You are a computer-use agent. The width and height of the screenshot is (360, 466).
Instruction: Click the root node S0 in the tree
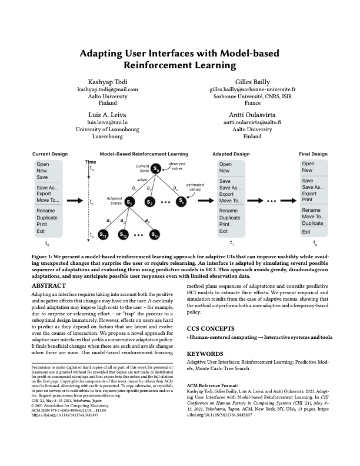(x=156, y=169)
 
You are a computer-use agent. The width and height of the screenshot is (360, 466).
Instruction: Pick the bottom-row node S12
(x=124, y=235)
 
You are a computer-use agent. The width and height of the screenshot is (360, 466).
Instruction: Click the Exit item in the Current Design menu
(x=42, y=231)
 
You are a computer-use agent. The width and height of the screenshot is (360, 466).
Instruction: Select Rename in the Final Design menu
(x=311, y=210)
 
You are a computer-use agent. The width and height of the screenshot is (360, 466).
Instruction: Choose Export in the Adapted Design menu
(x=226, y=194)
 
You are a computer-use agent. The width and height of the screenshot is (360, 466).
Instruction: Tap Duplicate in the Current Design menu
(x=48, y=217)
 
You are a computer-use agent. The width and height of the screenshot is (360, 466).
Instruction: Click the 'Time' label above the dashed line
(x=90, y=161)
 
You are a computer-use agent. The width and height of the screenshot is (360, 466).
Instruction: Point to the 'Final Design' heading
(x=313, y=154)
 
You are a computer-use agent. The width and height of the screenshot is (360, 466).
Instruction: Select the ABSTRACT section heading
(x=51, y=286)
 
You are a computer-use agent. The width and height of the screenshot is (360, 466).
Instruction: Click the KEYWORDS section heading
(x=205, y=354)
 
